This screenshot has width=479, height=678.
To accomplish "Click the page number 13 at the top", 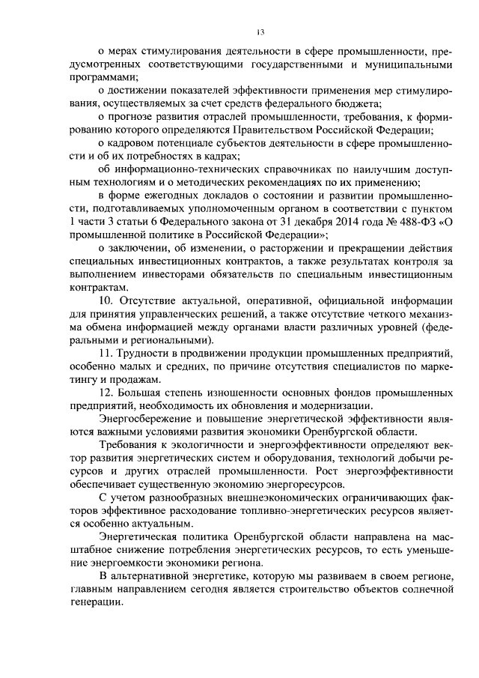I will (260, 32).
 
